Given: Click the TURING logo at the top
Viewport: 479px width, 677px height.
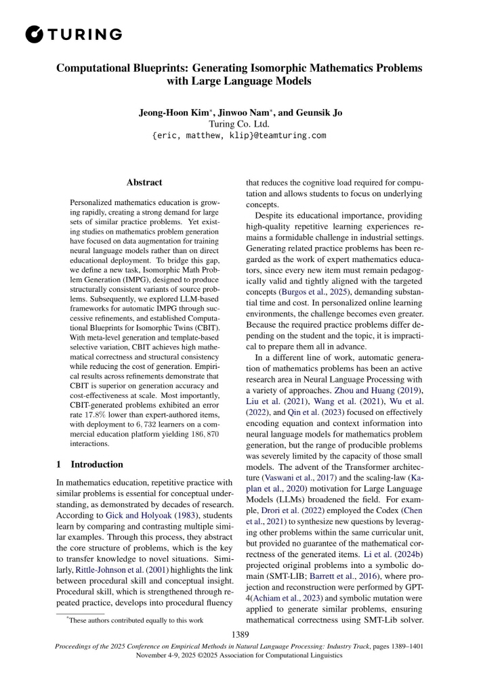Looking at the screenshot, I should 72,33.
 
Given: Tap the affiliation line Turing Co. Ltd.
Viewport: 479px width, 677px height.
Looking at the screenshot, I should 239,124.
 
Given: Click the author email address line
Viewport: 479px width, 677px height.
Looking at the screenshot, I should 239,135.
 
